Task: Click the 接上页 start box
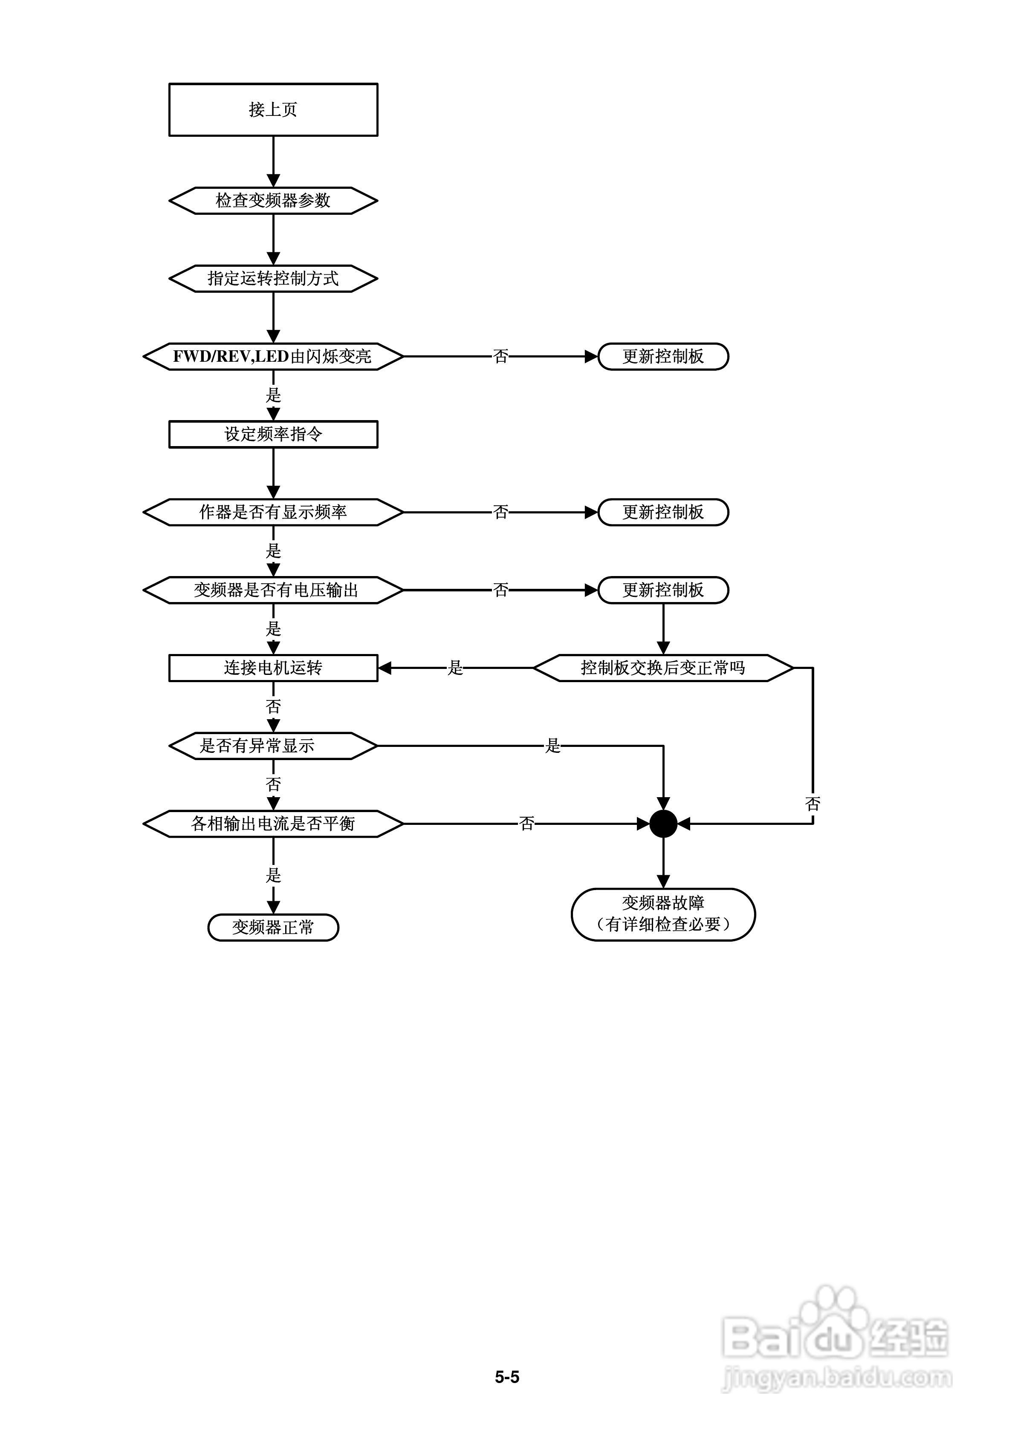(x=273, y=109)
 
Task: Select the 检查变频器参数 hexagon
(x=273, y=201)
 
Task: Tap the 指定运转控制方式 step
(x=273, y=279)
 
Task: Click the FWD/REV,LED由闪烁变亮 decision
(x=273, y=356)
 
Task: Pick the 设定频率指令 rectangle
(x=273, y=434)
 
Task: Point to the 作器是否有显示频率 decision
(x=273, y=512)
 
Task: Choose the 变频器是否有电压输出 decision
(x=273, y=590)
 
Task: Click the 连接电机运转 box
(x=273, y=668)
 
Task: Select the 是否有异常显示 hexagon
(x=273, y=746)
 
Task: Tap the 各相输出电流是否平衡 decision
(x=273, y=824)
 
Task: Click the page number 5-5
(x=507, y=1377)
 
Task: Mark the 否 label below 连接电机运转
(x=273, y=707)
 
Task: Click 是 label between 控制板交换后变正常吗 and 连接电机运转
(x=455, y=668)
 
